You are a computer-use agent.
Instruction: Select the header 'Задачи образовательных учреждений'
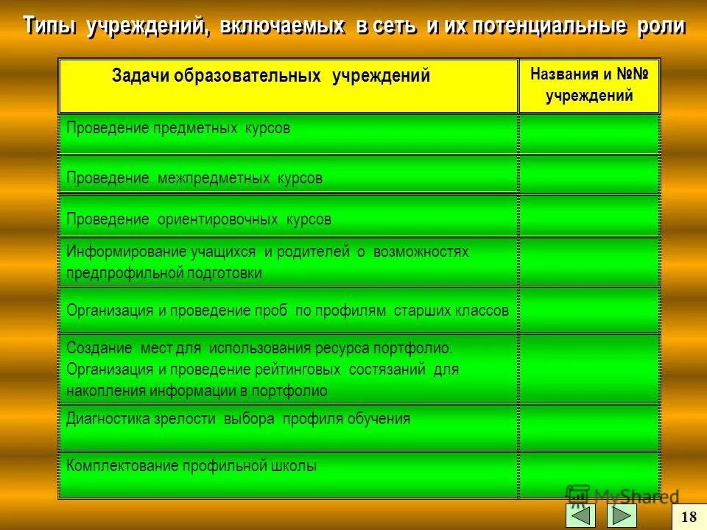click(271, 76)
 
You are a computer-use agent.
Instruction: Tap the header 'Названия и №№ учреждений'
click(589, 85)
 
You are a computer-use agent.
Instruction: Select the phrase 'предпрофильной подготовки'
click(164, 273)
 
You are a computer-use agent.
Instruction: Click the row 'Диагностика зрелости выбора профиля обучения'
click(238, 419)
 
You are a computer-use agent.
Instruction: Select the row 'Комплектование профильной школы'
click(191, 466)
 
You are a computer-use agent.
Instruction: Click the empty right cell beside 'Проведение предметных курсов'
click(589, 133)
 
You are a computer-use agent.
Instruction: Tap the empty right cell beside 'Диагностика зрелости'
click(589, 427)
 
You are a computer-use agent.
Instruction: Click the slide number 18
click(690, 517)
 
